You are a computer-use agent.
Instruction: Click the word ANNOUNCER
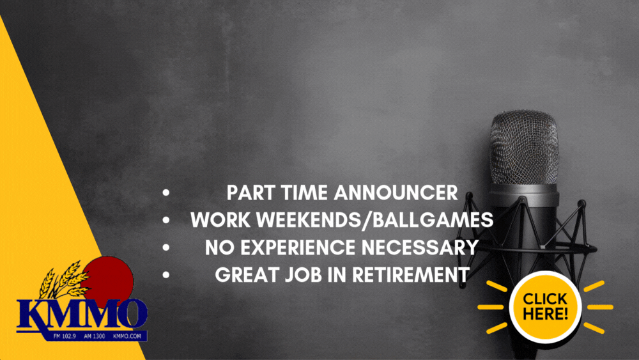point(396,193)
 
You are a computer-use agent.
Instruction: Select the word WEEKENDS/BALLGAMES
point(375,220)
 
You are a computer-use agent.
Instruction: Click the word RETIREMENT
point(411,275)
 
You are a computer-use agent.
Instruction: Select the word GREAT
point(247,275)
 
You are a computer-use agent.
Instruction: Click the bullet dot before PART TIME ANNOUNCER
point(166,193)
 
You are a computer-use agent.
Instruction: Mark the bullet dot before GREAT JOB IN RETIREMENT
point(166,275)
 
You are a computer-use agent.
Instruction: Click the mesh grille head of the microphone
point(524,147)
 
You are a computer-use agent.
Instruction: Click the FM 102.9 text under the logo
point(65,336)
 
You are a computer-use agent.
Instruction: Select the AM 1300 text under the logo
point(94,336)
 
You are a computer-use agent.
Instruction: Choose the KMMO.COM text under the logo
point(127,336)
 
